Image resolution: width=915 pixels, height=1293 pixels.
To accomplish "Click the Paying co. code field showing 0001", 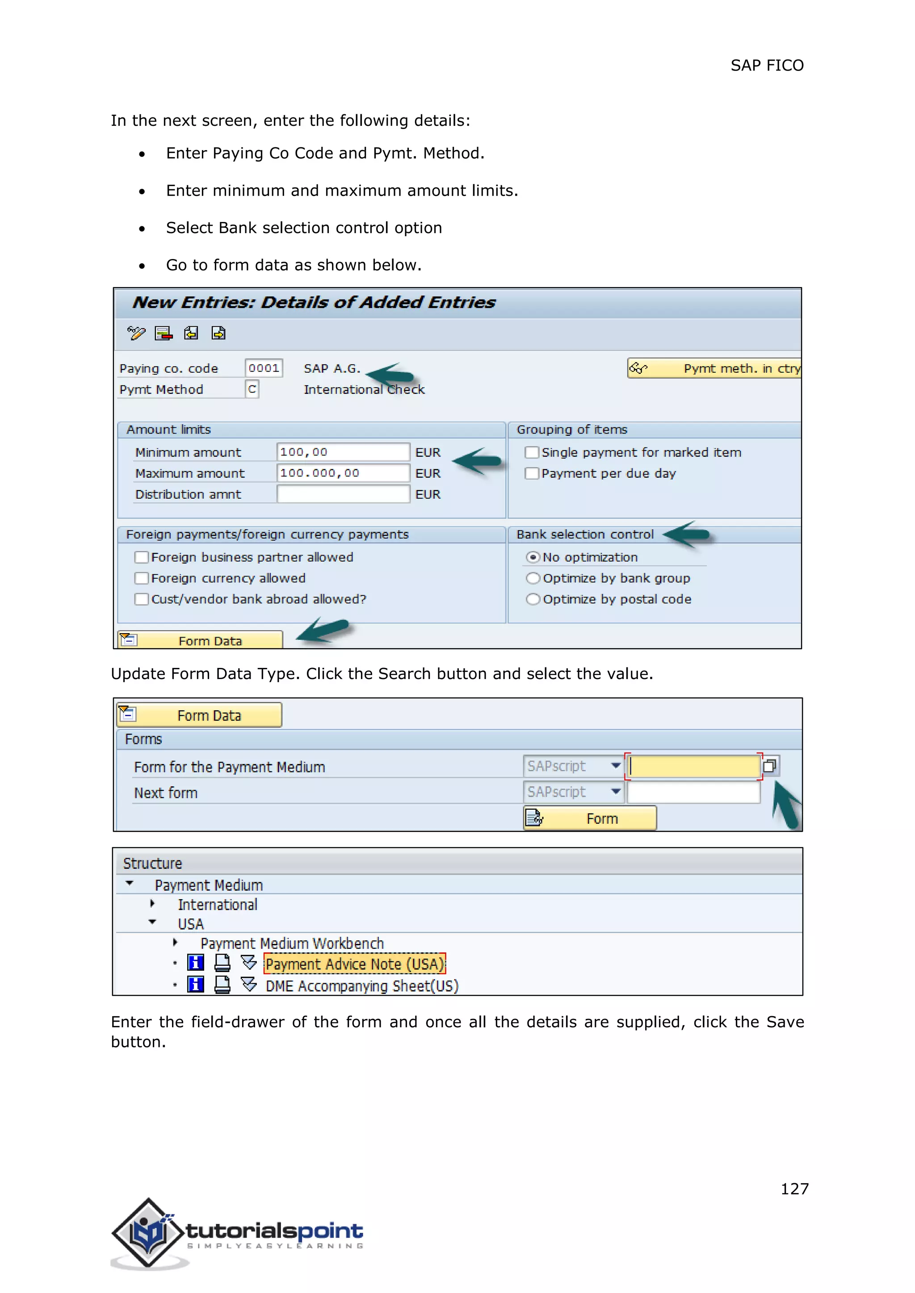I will tap(263, 368).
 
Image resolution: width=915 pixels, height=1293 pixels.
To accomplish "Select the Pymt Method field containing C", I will tap(252, 389).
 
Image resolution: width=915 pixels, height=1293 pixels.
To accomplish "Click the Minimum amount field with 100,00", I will tap(343, 452).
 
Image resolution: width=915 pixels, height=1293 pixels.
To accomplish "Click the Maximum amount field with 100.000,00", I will tap(343, 473).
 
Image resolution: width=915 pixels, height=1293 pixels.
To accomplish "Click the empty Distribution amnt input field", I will tap(343, 494).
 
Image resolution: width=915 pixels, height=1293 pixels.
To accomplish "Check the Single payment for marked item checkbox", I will tap(531, 452).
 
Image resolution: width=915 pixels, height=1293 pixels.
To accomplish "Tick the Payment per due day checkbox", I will tap(531, 473).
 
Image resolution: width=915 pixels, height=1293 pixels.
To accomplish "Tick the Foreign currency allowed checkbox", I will tap(142, 578).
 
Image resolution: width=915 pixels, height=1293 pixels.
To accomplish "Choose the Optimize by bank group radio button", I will tap(533, 578).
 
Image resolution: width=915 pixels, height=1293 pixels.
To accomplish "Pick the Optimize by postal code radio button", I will tap(533, 599).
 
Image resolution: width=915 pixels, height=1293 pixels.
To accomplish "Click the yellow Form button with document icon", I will tap(590, 818).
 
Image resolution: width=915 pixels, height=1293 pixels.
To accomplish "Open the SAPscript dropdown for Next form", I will tap(616, 792).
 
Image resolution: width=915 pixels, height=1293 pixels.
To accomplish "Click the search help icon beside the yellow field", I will tap(770, 766).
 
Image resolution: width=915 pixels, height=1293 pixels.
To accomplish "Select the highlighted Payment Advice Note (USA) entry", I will tap(354, 964).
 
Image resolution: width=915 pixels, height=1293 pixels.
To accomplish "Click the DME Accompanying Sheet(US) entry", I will tap(362, 986).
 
